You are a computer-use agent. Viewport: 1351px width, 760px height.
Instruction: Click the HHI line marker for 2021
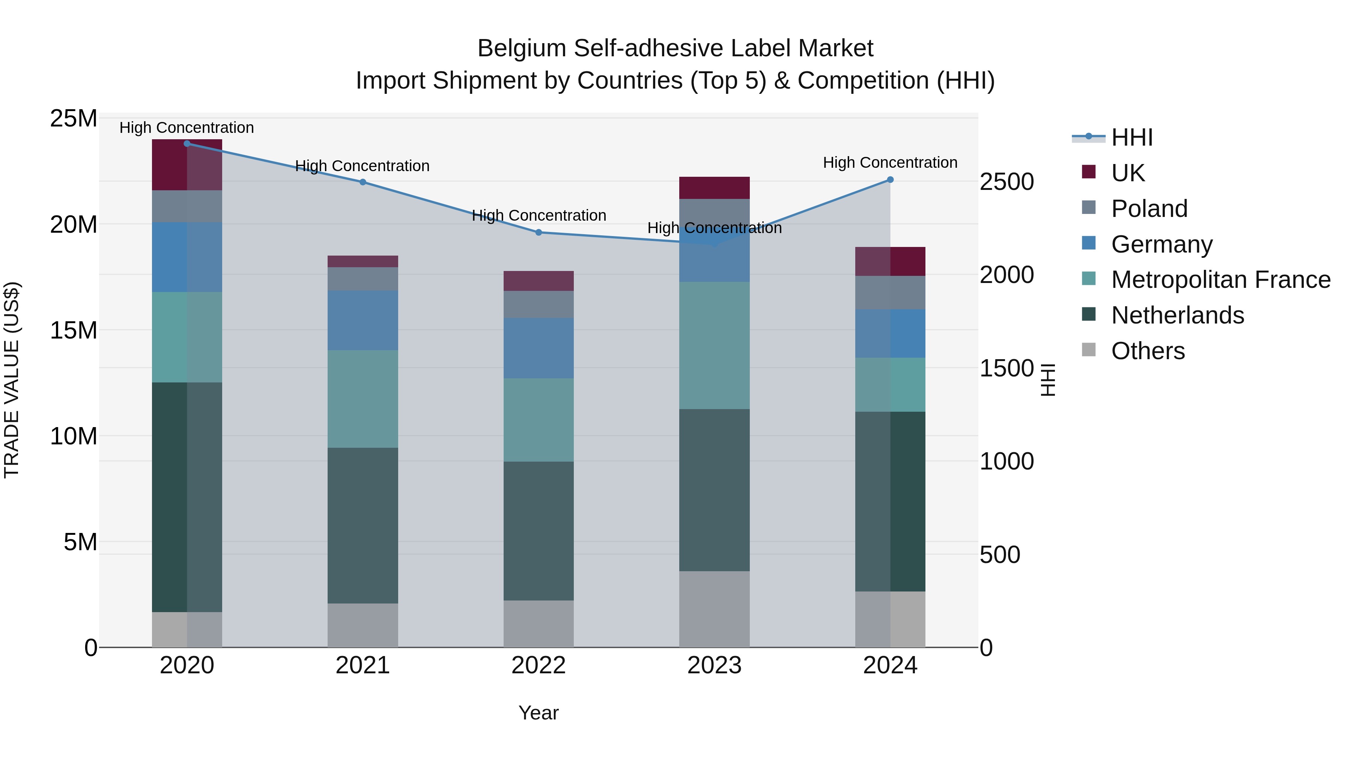pyautogui.click(x=363, y=182)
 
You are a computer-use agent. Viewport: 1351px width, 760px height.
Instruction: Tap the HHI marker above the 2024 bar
pyautogui.click(x=890, y=180)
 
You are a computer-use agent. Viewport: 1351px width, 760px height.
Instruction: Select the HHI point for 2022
pyautogui.click(x=539, y=232)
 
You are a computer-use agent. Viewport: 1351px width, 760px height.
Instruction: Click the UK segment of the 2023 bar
pyautogui.click(x=714, y=188)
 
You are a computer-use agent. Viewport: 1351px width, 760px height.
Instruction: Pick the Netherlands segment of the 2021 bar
pyautogui.click(x=363, y=525)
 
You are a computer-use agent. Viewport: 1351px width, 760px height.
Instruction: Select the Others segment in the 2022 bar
pyautogui.click(x=539, y=624)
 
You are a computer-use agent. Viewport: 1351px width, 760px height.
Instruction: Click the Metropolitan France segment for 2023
pyautogui.click(x=714, y=345)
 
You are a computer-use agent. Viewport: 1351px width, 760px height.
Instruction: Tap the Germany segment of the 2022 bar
pyautogui.click(x=539, y=348)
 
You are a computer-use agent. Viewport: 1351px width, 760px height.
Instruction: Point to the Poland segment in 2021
pyautogui.click(x=363, y=278)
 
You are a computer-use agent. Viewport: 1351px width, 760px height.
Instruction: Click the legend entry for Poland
pyautogui.click(x=1149, y=209)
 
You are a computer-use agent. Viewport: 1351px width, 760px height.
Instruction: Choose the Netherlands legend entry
pyautogui.click(x=1177, y=315)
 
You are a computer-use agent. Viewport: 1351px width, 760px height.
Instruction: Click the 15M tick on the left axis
pyautogui.click(x=74, y=330)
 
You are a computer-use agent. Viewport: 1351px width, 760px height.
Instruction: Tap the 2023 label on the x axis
pyautogui.click(x=714, y=665)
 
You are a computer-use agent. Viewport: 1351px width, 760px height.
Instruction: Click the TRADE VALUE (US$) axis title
pyautogui.click(x=12, y=380)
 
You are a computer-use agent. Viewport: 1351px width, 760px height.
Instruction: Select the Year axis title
pyautogui.click(x=539, y=713)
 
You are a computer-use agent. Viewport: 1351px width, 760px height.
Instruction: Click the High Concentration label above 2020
pyautogui.click(x=187, y=128)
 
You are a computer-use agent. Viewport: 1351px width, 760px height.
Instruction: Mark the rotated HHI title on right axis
pyautogui.click(x=1047, y=380)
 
